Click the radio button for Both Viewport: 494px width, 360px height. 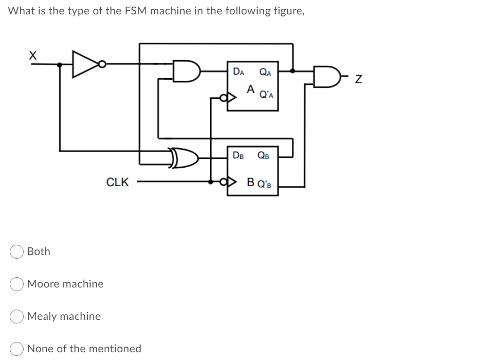click(16, 251)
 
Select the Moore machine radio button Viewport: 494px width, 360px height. click(16, 284)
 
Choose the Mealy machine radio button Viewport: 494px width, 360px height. click(16, 316)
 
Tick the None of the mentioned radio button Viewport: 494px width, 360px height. click(16, 349)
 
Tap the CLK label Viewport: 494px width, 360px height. click(117, 182)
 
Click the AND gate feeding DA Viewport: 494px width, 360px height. click(185, 71)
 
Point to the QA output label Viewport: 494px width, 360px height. click(266, 72)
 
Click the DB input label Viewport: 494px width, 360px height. click(239, 155)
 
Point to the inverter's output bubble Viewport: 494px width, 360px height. click(103, 64)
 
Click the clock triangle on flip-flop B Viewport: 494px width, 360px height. click(230, 182)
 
